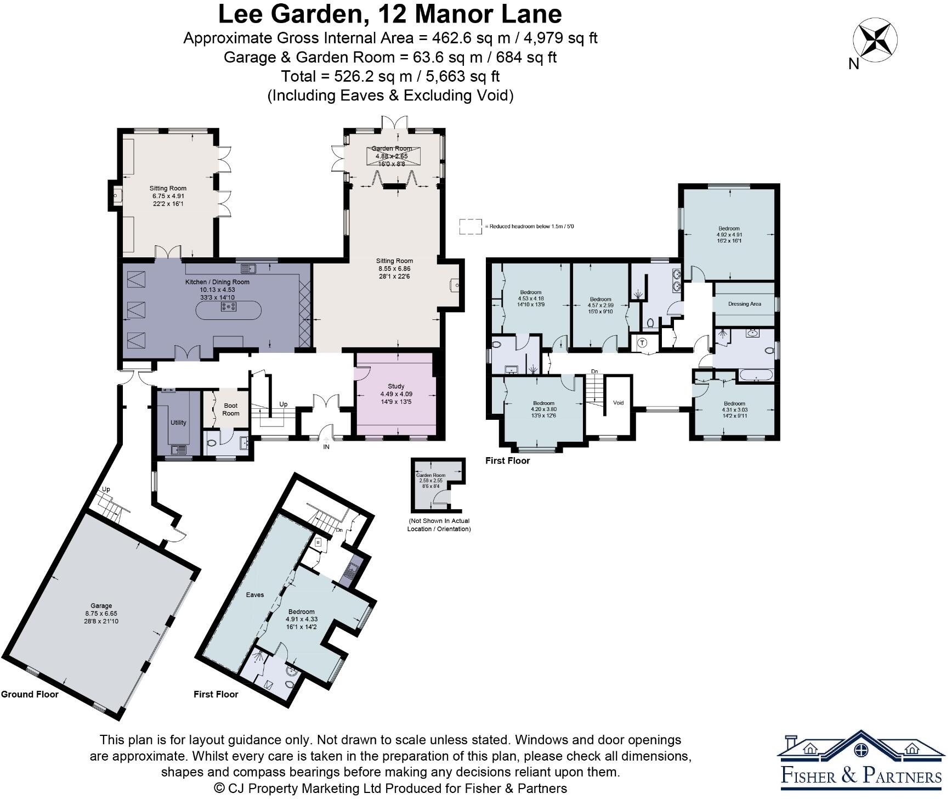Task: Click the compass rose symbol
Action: (x=875, y=40)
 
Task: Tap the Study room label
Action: (x=396, y=393)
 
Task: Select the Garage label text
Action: (x=101, y=613)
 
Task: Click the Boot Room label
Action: (x=231, y=409)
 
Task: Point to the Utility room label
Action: (x=178, y=422)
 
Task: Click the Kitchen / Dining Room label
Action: (x=217, y=289)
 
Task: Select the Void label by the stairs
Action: (x=618, y=402)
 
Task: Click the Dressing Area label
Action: (x=744, y=303)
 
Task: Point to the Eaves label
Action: (x=255, y=594)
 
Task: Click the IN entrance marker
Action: (x=326, y=447)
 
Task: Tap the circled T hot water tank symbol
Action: (x=643, y=343)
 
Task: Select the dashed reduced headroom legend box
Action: (x=469, y=226)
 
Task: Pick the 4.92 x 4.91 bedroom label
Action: (x=729, y=234)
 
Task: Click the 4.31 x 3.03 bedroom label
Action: (x=734, y=409)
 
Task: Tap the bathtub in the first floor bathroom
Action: (x=756, y=376)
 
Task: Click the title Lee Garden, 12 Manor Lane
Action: (x=390, y=14)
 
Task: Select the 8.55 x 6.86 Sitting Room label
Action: (x=394, y=268)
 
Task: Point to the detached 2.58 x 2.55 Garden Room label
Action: (x=430, y=480)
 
